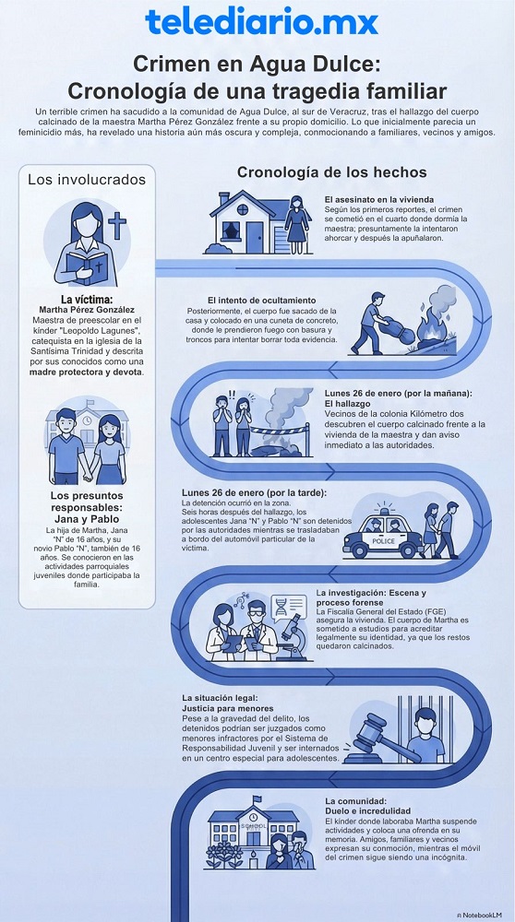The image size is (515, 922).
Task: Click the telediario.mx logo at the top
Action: click(257, 23)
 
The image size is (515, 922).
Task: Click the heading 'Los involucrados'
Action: click(87, 178)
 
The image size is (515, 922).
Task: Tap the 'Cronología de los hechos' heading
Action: click(331, 172)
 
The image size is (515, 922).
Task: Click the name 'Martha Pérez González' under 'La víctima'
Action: click(87, 311)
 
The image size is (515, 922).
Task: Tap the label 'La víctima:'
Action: click(87, 300)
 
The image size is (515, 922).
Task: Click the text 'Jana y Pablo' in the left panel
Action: click(86, 519)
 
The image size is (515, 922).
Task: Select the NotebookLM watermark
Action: click(480, 911)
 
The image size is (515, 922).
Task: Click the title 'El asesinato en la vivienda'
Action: click(378, 199)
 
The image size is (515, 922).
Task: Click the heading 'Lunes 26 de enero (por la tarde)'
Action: click(242, 492)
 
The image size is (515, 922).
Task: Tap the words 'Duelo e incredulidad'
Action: click(368, 811)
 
